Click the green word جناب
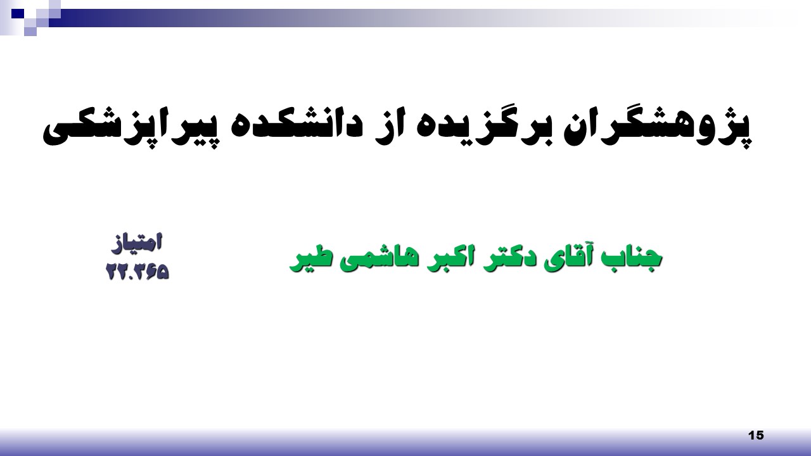pyautogui.click(x=632, y=258)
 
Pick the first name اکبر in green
pyautogui.click(x=447, y=258)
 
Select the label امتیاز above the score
pyautogui.click(x=136, y=243)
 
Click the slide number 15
pyautogui.click(x=756, y=435)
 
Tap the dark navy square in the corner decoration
pyautogui.click(x=17, y=14)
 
